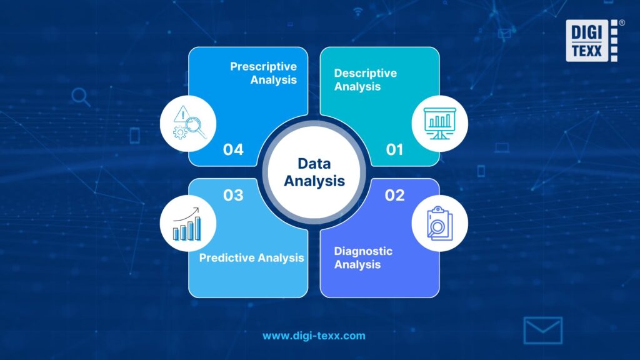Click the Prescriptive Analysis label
click(263, 73)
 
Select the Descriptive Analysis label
click(365, 80)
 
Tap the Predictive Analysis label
click(251, 257)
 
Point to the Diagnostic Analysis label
click(363, 257)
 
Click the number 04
click(232, 150)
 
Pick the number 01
click(394, 150)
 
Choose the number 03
click(232, 196)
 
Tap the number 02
click(394, 196)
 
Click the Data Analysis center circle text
click(314, 172)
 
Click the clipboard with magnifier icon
click(440, 223)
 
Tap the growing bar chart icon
click(187, 224)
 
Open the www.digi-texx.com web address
click(314, 336)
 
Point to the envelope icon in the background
click(542, 331)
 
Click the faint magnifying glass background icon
click(81, 97)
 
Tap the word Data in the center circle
click(314, 164)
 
